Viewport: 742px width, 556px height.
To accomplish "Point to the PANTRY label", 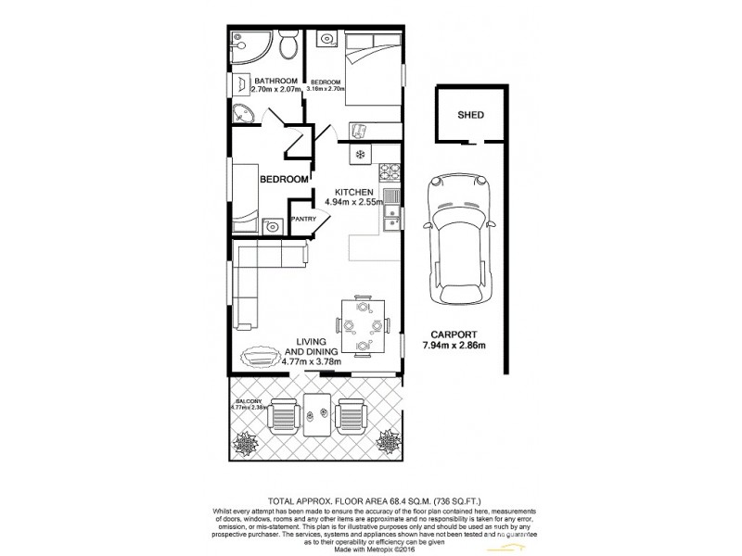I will tap(304, 220).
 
